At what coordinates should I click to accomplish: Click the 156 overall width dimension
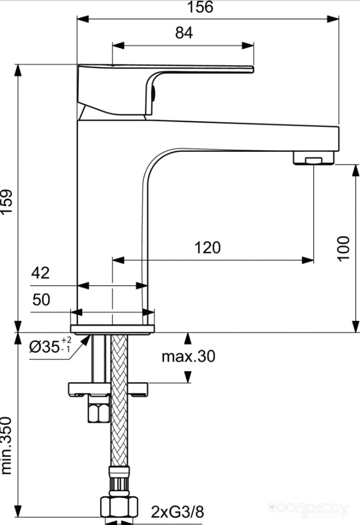(200, 7)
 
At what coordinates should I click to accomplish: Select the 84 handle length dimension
(184, 33)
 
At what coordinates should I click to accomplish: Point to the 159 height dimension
(7, 201)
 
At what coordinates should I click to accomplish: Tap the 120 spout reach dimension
(208, 248)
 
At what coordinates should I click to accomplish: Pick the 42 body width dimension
(40, 273)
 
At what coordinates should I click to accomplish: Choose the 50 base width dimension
(41, 299)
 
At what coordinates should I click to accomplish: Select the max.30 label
(188, 356)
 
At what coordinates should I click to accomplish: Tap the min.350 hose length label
(7, 446)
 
